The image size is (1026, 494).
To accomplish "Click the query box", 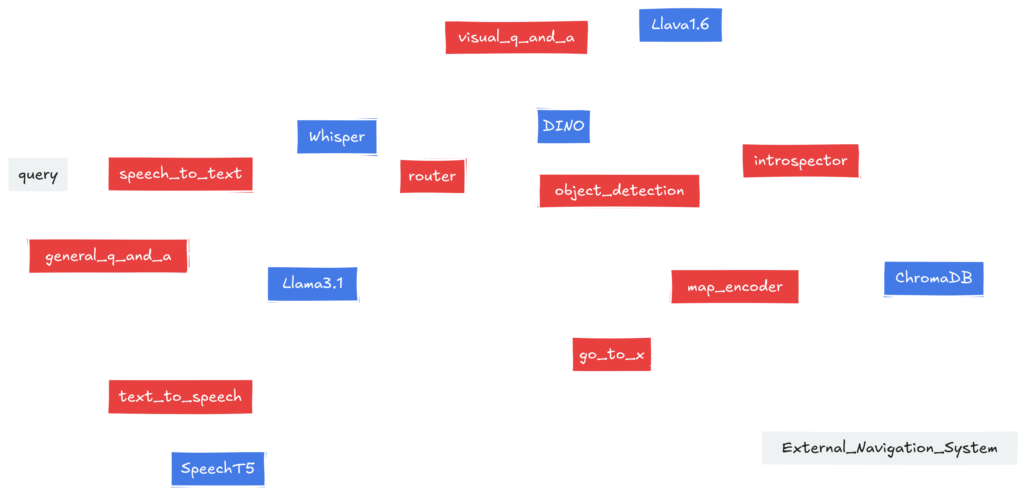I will click(x=38, y=175).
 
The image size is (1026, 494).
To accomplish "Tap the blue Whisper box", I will click(x=336, y=137).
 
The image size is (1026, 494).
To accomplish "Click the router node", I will click(x=432, y=176).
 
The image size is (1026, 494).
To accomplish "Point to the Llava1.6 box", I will click(x=680, y=25).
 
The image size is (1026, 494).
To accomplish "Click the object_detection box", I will click(x=619, y=191).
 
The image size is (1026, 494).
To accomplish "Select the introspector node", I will click(x=800, y=161).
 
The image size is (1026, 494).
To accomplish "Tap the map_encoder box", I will click(x=735, y=286).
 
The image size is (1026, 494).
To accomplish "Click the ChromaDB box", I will click(x=934, y=278).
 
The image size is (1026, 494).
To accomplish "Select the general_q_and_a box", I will click(x=108, y=256).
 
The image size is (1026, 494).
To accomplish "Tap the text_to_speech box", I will click(x=180, y=396).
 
